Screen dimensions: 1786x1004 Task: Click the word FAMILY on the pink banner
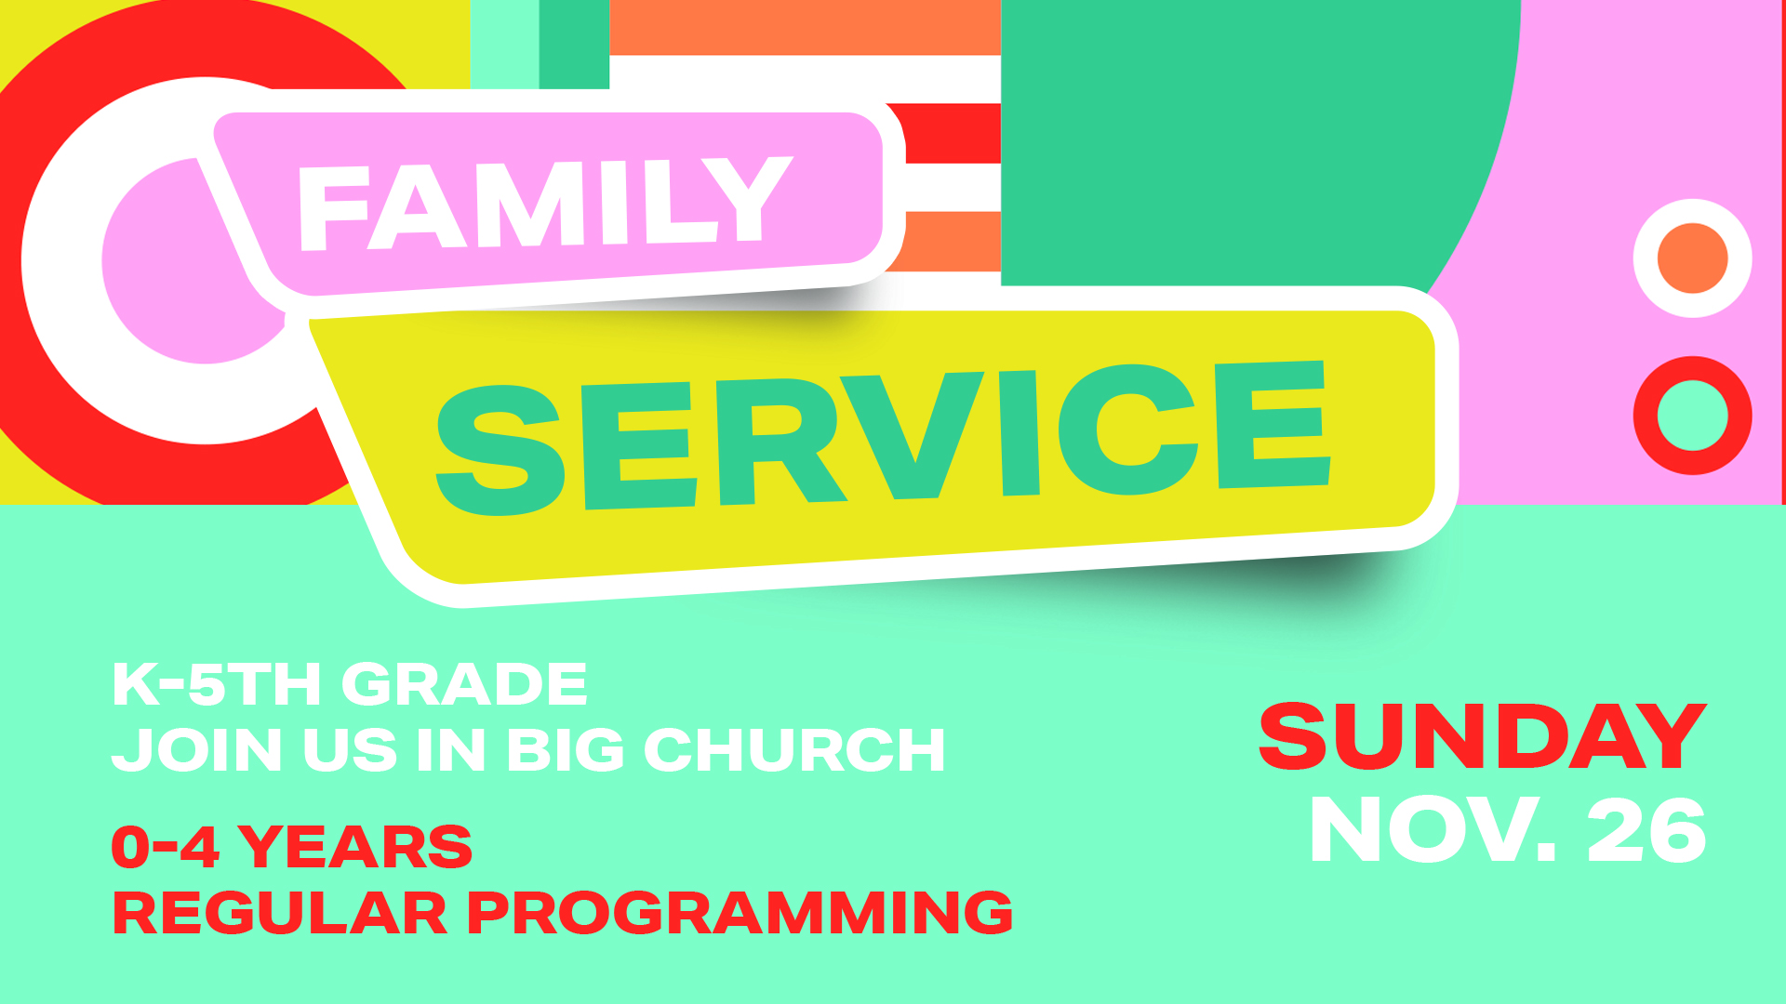point(544,204)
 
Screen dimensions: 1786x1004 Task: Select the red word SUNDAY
point(1483,736)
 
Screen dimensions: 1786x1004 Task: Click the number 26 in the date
point(1646,830)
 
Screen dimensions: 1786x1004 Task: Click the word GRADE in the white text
point(465,684)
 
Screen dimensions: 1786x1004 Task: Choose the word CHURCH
point(794,749)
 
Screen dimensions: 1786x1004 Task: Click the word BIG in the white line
point(566,749)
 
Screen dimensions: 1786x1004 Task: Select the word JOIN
point(196,749)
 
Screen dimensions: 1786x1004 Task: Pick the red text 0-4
point(165,847)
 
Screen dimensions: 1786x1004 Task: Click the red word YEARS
point(355,847)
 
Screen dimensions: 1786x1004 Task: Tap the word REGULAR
point(279,912)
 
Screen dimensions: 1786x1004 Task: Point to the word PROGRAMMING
point(740,912)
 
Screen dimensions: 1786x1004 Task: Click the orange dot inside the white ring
point(1693,258)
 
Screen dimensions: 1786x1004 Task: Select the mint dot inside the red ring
point(1693,416)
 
